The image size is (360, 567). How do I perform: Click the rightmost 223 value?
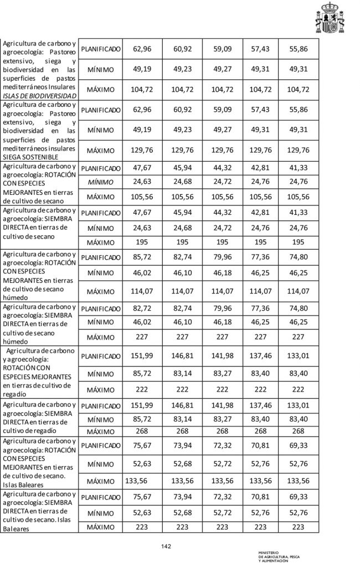point(298,527)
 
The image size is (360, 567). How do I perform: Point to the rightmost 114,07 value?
point(298,291)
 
